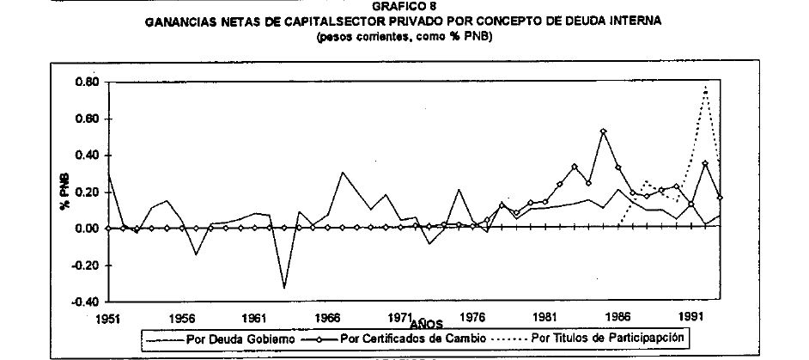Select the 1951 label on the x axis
click(108, 317)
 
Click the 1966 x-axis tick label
click(327, 317)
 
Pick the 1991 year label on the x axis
click(692, 317)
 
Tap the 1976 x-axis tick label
click(473, 317)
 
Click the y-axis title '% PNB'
click(64, 192)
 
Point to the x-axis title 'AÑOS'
click(427, 325)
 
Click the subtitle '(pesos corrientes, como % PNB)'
click(404, 37)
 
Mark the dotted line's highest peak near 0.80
click(705, 87)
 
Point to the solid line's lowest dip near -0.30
click(284, 287)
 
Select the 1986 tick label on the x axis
click(619, 317)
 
